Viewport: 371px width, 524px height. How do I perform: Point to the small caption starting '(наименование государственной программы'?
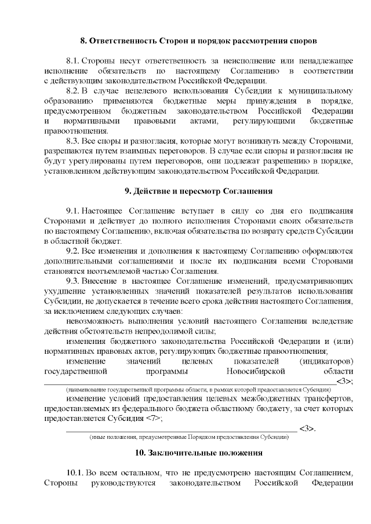(190, 390)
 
